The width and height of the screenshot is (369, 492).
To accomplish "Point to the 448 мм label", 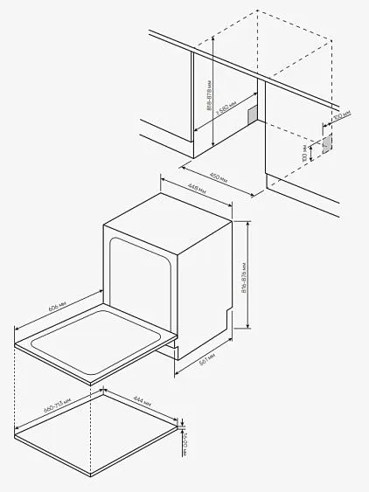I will [x=197, y=191].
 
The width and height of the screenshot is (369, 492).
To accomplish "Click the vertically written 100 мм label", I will [x=305, y=155].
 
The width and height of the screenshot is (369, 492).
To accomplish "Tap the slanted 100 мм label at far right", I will [x=340, y=114].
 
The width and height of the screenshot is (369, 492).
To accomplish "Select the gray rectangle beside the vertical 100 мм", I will [x=326, y=142].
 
